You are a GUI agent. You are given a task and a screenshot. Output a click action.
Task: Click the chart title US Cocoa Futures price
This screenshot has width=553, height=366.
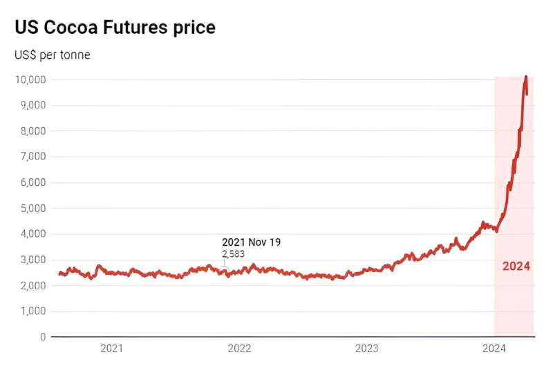(x=115, y=28)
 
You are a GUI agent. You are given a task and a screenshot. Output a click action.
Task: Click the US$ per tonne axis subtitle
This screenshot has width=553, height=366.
(x=53, y=55)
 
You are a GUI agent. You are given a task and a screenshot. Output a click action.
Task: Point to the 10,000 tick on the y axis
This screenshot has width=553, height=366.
(x=30, y=79)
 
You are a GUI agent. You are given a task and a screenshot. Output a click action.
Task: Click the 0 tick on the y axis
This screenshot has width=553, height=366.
(x=43, y=337)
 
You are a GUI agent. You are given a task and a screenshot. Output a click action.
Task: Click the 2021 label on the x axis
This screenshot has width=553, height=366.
(x=111, y=349)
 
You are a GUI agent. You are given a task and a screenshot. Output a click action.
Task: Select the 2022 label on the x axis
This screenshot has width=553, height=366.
(x=239, y=349)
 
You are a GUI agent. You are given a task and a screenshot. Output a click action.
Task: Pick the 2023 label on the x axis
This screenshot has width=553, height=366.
(x=366, y=349)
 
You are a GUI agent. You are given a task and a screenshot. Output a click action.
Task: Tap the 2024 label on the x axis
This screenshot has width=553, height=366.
(x=494, y=349)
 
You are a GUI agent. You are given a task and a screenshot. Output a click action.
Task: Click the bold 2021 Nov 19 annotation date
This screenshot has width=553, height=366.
(x=251, y=242)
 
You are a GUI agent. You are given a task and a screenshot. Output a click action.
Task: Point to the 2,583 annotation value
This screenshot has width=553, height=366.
(x=234, y=254)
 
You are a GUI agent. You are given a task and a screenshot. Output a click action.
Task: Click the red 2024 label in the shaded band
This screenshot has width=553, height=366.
(x=516, y=266)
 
